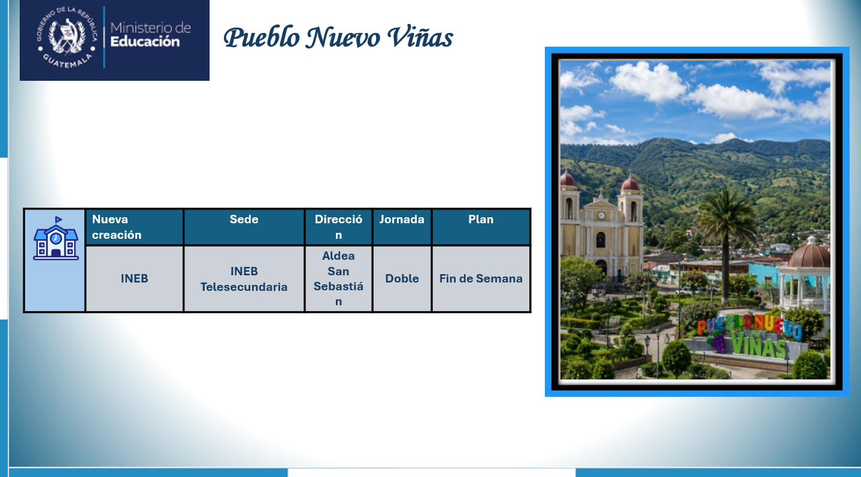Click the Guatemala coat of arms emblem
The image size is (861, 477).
(x=67, y=37)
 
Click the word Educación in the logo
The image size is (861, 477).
(x=145, y=41)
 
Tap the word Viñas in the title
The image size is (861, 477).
(x=420, y=38)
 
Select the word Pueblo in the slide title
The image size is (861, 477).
(x=262, y=38)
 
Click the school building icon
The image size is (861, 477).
(x=56, y=238)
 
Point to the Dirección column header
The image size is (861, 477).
(x=338, y=227)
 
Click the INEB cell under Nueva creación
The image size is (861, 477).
(x=134, y=278)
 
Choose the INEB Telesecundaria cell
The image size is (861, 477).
(x=244, y=279)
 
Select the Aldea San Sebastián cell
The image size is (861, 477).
(x=338, y=278)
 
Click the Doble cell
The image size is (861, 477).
(x=402, y=278)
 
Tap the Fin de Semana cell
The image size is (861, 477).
(x=481, y=278)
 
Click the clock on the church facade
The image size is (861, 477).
(x=601, y=215)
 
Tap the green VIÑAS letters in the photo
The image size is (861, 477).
(x=759, y=345)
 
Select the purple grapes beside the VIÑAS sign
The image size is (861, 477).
(x=716, y=342)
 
